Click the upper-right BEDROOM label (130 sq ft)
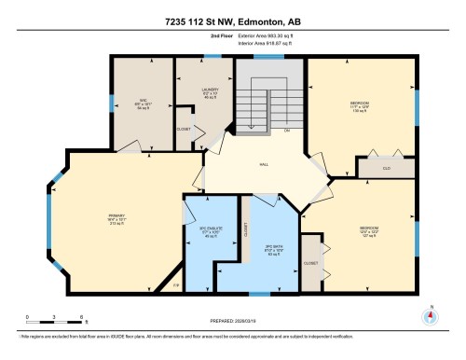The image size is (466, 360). [x=359, y=104]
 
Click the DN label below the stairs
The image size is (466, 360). [x=288, y=130]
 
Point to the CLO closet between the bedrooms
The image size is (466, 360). [x=386, y=169]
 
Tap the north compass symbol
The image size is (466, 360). [x=430, y=314]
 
